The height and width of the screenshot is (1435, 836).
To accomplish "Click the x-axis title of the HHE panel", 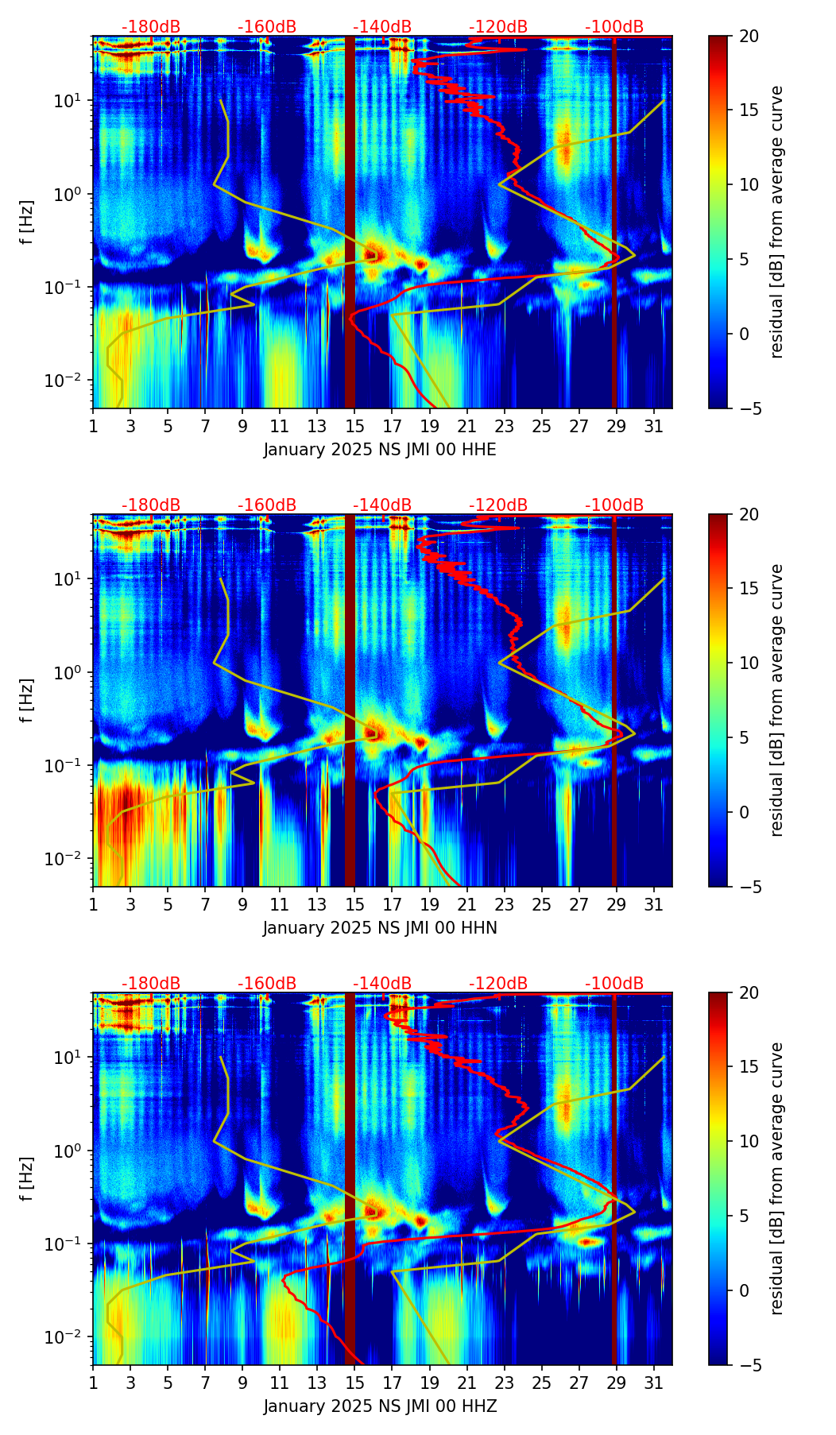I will pyautogui.click(x=380, y=450).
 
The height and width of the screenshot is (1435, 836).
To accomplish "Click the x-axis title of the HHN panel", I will pyautogui.click(x=380, y=928).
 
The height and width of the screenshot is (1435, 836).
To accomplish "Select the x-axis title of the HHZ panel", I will pyautogui.click(x=380, y=1406).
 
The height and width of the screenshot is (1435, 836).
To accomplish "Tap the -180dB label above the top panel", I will pyautogui.click(x=151, y=27).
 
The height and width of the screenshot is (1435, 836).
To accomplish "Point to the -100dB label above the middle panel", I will pyautogui.click(x=614, y=505).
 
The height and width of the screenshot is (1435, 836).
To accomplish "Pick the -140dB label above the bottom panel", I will pyautogui.click(x=382, y=984).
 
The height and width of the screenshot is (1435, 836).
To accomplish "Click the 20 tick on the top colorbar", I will pyautogui.click(x=749, y=37).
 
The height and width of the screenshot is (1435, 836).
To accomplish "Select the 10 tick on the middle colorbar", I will pyautogui.click(x=749, y=663).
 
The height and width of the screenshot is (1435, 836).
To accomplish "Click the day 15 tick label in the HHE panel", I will pyautogui.click(x=354, y=426).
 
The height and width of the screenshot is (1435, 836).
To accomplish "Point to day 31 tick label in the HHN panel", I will pyautogui.click(x=654, y=904).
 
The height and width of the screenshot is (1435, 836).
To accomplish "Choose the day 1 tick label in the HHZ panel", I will pyautogui.click(x=93, y=1383).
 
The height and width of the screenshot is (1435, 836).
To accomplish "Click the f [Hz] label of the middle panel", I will pyautogui.click(x=27, y=700).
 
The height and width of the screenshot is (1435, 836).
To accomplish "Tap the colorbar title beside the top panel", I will pyautogui.click(x=777, y=222).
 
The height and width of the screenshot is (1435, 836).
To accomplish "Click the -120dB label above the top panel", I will pyautogui.click(x=498, y=27).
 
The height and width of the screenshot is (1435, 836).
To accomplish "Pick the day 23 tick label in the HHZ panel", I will pyautogui.click(x=504, y=1383).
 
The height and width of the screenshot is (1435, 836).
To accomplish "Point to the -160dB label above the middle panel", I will pyautogui.click(x=267, y=505).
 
